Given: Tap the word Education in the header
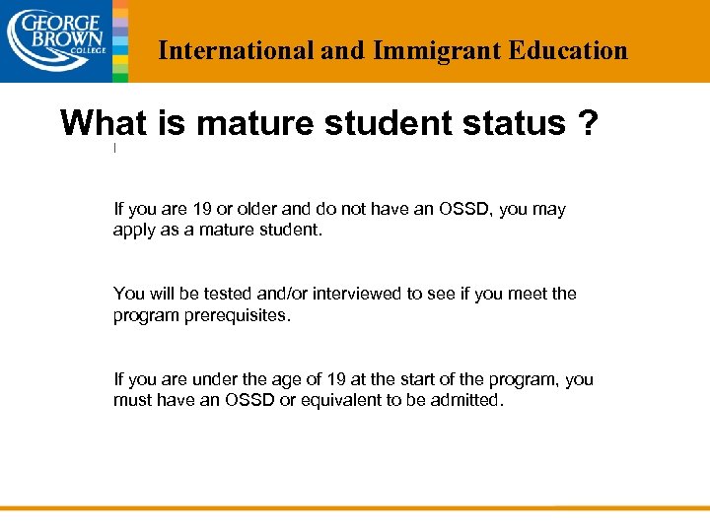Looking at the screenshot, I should (568, 50).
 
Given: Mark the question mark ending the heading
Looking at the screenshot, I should (589, 123).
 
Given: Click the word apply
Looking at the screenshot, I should (135, 232).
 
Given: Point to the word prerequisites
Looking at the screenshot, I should (238, 316).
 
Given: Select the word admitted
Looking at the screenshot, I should (466, 401).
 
